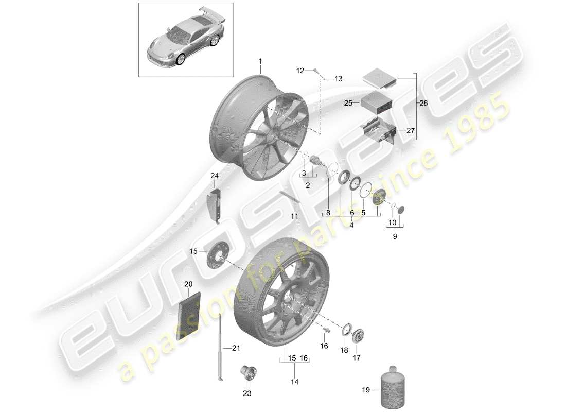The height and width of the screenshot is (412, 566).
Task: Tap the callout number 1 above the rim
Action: coord(260,62)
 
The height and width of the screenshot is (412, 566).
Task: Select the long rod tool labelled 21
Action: coord(220,348)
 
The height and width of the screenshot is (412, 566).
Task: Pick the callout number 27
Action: coord(410,130)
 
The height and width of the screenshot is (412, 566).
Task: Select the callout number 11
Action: coord(294,216)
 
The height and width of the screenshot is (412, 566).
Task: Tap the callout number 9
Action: coord(395,237)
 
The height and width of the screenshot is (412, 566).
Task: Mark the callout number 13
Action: coord(338,79)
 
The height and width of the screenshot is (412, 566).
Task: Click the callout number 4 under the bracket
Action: coord(352,225)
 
